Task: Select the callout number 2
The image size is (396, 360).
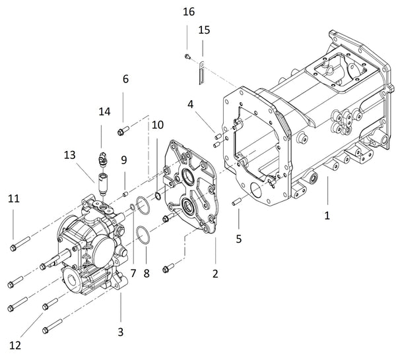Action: (x=214, y=272)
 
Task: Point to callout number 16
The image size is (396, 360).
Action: (x=189, y=13)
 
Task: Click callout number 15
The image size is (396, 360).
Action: (x=204, y=30)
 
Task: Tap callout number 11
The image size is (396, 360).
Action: (x=13, y=198)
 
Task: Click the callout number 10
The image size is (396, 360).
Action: (x=157, y=125)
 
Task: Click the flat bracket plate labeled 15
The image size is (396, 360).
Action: (x=200, y=75)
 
